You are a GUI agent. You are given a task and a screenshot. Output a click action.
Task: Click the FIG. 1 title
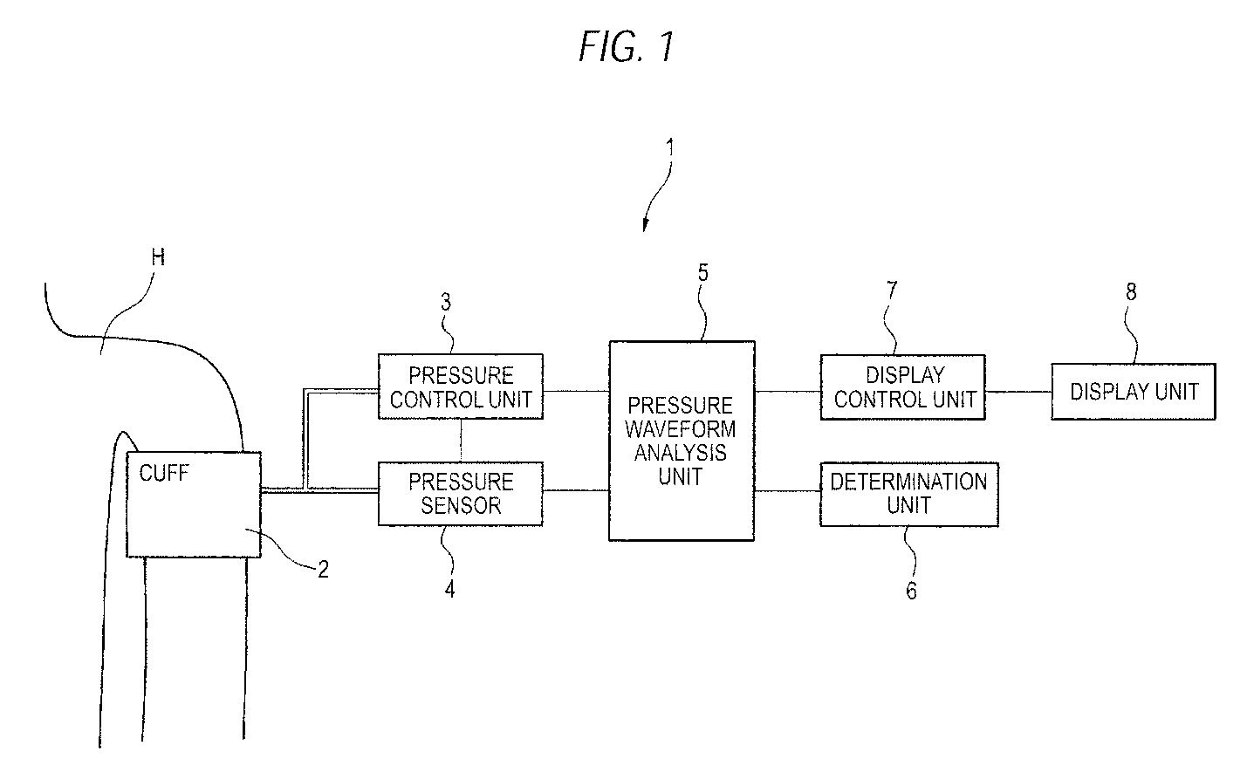tap(627, 47)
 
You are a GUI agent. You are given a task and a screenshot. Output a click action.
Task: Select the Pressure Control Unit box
tap(461, 386)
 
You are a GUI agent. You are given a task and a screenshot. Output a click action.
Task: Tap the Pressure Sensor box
tap(461, 494)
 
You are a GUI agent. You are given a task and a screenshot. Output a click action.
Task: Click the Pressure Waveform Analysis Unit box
tap(682, 441)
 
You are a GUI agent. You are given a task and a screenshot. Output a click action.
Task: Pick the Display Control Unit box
tap(903, 387)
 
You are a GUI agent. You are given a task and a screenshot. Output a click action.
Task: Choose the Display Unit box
tap(1134, 392)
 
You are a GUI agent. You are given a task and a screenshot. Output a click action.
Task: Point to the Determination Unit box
tap(909, 494)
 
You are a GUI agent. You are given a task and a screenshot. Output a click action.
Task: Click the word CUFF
tap(164, 473)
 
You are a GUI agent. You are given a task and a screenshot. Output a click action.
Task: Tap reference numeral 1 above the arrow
tap(669, 148)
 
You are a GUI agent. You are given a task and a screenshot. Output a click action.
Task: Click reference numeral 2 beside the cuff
tap(323, 569)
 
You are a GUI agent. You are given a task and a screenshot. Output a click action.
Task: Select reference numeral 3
tap(445, 302)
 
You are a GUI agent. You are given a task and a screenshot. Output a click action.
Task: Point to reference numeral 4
tap(449, 589)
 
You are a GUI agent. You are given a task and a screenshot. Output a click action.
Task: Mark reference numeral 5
tap(703, 273)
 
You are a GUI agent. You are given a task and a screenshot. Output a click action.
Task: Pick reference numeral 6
tap(911, 591)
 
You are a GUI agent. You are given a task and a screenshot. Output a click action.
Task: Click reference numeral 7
tap(891, 290)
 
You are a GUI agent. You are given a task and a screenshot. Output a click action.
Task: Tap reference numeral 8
tap(1131, 291)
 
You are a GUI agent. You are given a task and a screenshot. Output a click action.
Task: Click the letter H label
tap(158, 257)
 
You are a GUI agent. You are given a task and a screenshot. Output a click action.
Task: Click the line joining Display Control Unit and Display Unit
tap(1018, 392)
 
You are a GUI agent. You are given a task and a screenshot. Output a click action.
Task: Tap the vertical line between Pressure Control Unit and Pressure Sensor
tap(461, 441)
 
